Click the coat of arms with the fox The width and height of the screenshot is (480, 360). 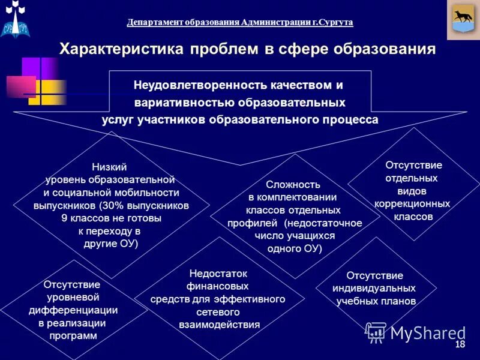pos(463,20)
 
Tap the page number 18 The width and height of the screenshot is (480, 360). pos(461,344)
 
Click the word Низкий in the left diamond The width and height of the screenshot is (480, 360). pos(109,167)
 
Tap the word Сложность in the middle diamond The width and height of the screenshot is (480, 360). pos(293,185)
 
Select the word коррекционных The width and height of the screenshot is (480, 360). pos(412,204)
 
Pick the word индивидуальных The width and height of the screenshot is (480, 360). pos(374,288)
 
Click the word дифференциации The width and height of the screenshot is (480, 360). pos(73,310)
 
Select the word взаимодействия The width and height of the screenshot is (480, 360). pos(219,325)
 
